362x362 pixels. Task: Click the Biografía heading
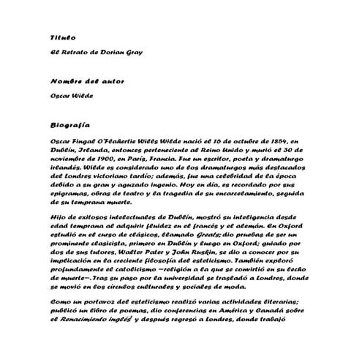pos(70,125)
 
